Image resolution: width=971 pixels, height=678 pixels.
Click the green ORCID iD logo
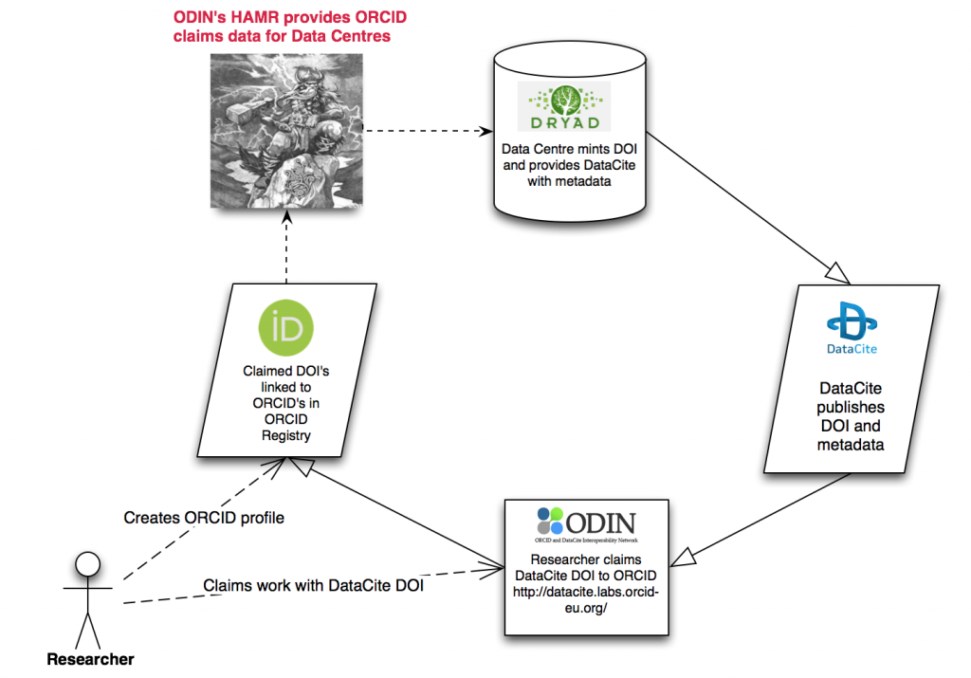pos(284,328)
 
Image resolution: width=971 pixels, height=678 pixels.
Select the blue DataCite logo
pos(851,327)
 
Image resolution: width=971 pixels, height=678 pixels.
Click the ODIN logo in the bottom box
pos(584,523)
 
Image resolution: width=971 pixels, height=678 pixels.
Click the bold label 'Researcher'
pos(90,659)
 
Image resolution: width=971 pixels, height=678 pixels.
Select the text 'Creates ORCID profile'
pos(204,518)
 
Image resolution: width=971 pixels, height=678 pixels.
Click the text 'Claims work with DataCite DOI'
pos(313,585)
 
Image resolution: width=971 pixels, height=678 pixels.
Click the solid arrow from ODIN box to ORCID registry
pos(398,517)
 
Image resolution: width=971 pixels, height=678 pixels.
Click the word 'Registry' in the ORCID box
pos(285,435)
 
